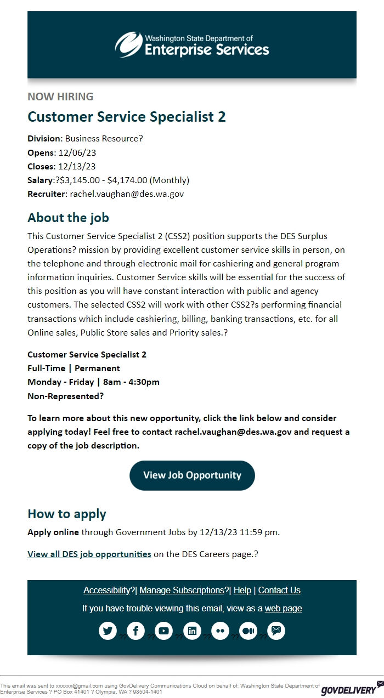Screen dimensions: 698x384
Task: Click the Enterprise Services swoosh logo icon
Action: (x=128, y=44)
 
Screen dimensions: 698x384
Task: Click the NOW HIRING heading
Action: (x=60, y=97)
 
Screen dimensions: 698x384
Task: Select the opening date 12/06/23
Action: (x=77, y=152)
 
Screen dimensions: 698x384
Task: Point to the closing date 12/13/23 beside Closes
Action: (x=77, y=166)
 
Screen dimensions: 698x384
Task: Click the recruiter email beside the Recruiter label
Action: (x=127, y=194)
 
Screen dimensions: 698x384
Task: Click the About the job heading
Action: (x=68, y=218)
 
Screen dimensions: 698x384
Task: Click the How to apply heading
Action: (x=67, y=514)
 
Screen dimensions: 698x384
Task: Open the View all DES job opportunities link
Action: (x=89, y=554)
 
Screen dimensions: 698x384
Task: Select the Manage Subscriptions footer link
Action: (x=182, y=590)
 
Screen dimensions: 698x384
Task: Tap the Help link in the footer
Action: (x=242, y=590)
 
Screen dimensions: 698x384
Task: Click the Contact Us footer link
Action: (x=279, y=590)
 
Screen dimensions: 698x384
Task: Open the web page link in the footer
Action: (x=283, y=608)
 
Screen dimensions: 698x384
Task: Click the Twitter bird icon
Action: (x=108, y=631)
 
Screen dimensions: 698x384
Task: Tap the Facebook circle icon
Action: (x=135, y=631)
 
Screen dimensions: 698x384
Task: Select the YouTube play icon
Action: (x=163, y=631)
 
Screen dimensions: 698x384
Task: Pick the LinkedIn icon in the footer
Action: (x=192, y=631)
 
